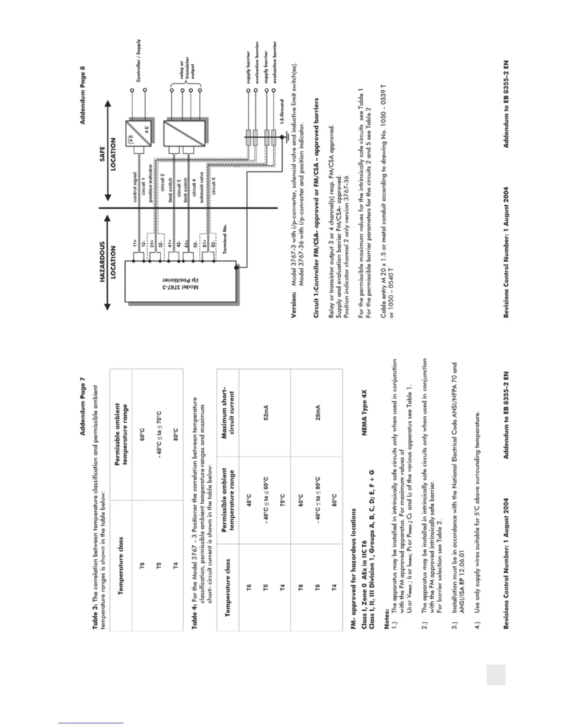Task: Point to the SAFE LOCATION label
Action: point(108,154)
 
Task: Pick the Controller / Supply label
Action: point(138,60)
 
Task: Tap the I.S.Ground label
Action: point(283,113)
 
